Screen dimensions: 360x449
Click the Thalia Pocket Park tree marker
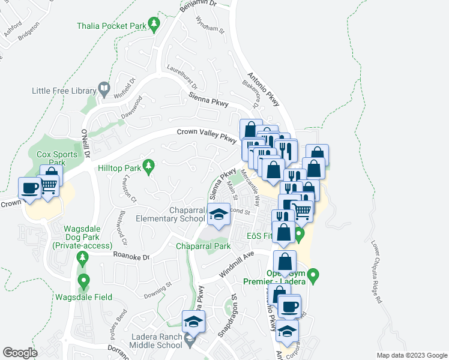pyautogui.click(x=155, y=25)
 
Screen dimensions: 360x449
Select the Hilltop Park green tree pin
pyautogui.click(x=149, y=165)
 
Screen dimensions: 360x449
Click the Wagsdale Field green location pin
pyautogui.click(x=83, y=281)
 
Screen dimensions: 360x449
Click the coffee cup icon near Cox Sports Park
pyautogui.click(x=29, y=188)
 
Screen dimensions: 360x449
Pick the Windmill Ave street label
pyautogui.click(x=237, y=264)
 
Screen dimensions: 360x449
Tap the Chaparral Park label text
pyautogui.click(x=203, y=246)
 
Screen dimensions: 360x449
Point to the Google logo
pyautogui.click(x=20, y=352)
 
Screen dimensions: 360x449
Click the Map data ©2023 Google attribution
pyautogui.click(x=411, y=355)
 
